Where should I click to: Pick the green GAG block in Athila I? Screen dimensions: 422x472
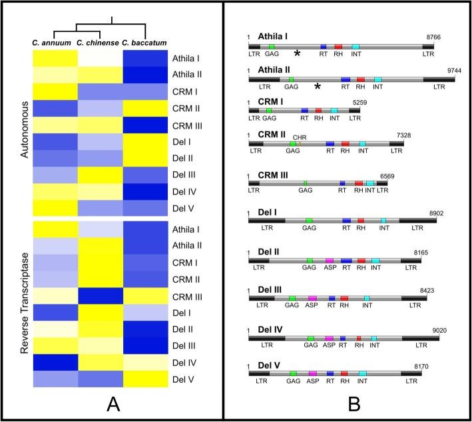272,47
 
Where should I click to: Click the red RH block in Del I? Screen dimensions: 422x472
361,221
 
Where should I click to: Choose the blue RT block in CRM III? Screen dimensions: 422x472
342,183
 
